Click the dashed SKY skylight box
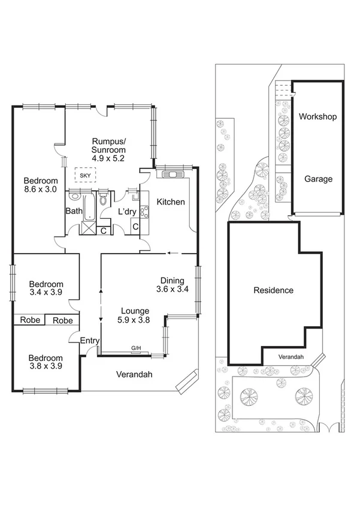[x=84, y=174]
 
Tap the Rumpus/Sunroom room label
[x=108, y=144]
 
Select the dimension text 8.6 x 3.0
[x=41, y=189]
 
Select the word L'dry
[x=127, y=211]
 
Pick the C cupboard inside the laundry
[x=135, y=226]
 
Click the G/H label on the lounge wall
[x=136, y=348]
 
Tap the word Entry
[x=89, y=341]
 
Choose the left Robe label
[x=30, y=320]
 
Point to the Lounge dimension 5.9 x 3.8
[x=135, y=320]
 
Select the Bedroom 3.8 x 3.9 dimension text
[x=46, y=366]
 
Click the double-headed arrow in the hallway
[x=100, y=305]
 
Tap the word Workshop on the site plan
[x=317, y=116]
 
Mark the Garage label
[x=318, y=179]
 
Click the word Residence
[x=274, y=290]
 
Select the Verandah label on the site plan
[x=291, y=357]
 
